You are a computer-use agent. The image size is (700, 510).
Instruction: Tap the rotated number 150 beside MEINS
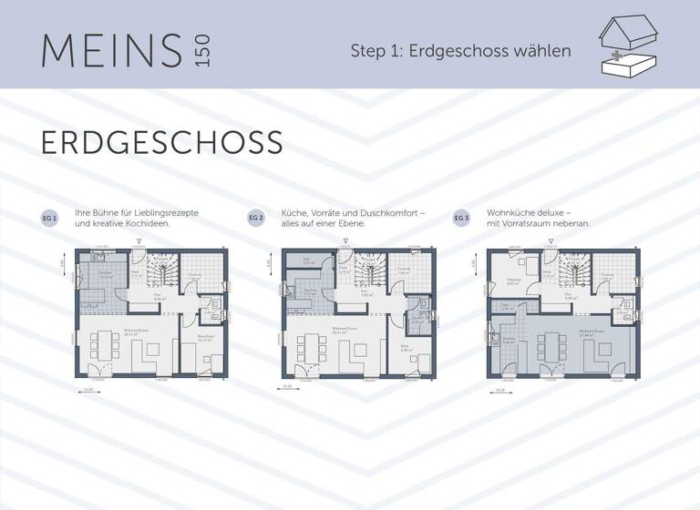(201, 51)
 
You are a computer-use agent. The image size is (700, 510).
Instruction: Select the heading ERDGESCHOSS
(161, 143)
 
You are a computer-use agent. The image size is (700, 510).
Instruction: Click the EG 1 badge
(49, 219)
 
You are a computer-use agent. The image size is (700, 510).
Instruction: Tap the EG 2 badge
(255, 219)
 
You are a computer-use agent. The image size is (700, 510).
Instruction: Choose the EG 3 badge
(461, 219)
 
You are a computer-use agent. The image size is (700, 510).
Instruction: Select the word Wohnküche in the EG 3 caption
(508, 212)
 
